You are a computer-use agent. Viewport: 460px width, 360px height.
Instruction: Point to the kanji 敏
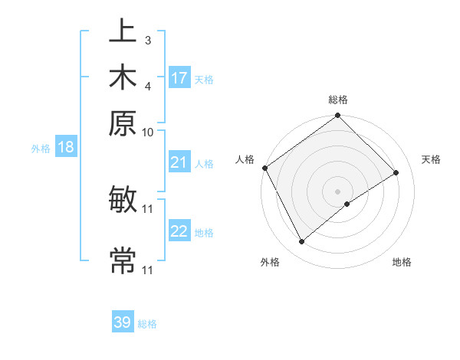pos(123,200)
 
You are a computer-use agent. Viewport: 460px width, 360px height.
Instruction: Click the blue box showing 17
pos(179,78)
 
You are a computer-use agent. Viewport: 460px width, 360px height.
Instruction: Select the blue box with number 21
pos(179,162)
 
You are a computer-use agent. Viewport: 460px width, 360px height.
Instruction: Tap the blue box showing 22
pos(179,231)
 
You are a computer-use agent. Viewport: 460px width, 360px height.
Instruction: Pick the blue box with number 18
pos(65,147)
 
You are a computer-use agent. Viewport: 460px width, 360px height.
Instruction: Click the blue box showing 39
pos(123,322)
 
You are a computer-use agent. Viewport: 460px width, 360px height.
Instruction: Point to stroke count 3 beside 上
pos(147,40)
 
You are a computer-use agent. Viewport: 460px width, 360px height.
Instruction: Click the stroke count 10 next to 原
pos(148,132)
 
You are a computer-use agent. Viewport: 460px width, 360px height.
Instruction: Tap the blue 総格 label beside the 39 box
pos(147,324)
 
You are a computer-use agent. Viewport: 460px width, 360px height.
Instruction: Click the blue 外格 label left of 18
pos(41,149)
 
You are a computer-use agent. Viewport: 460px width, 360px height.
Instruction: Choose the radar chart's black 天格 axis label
pos(431,159)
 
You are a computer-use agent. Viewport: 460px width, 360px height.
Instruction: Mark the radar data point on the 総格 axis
pos(337,116)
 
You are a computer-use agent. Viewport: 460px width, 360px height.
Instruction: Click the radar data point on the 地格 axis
pos(347,204)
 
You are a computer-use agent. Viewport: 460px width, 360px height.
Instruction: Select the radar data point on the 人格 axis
pos(264,168)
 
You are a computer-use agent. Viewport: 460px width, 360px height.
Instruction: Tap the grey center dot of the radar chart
pos(337,191)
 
